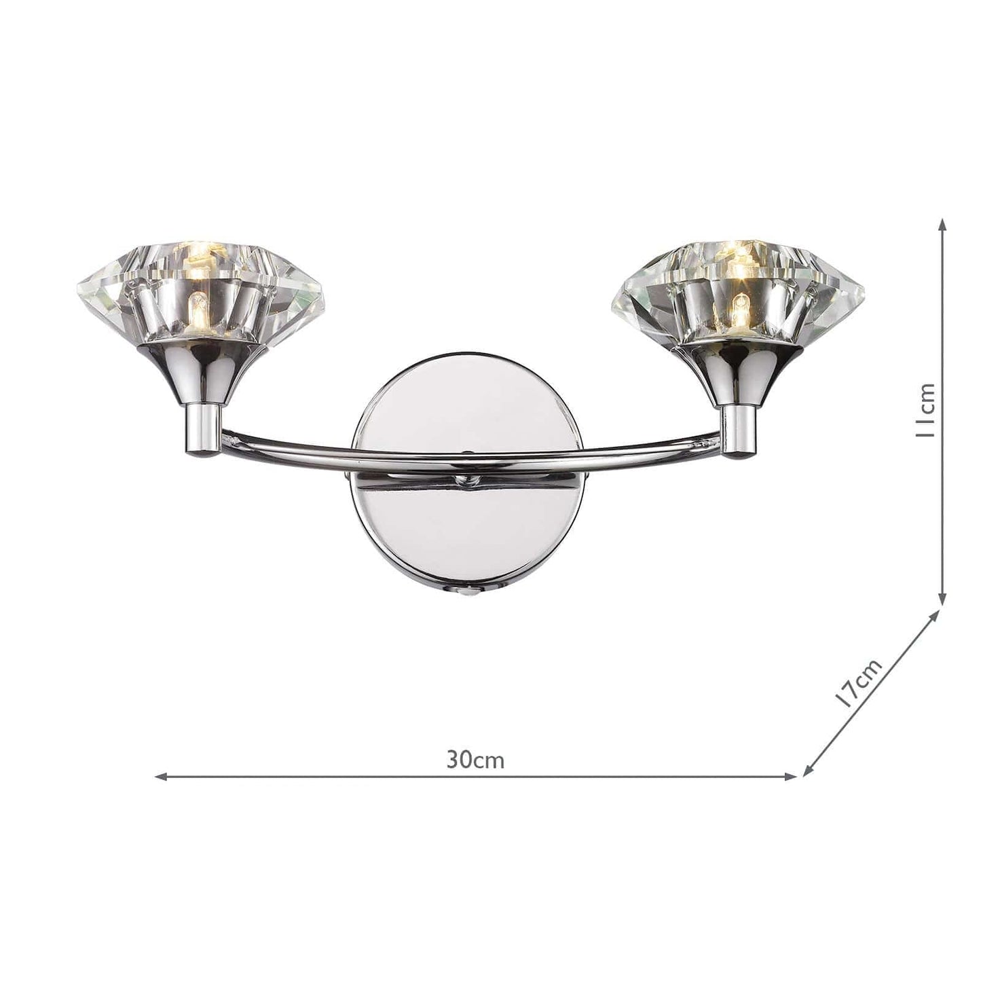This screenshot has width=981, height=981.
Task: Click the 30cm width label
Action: click(x=475, y=760)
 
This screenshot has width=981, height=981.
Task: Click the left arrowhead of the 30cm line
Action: click(x=162, y=791)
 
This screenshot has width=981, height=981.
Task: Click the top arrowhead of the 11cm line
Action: click(x=942, y=226)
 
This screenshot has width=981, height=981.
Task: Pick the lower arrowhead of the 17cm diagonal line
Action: click(x=809, y=784)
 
